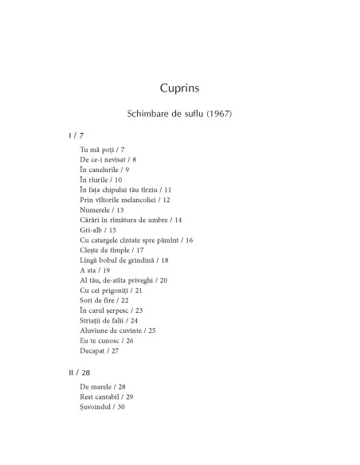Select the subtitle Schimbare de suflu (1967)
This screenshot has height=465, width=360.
[179, 114]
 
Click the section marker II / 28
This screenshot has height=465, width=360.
[80, 371]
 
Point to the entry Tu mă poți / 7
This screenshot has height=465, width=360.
[102, 150]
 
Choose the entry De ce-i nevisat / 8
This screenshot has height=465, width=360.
[108, 160]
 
